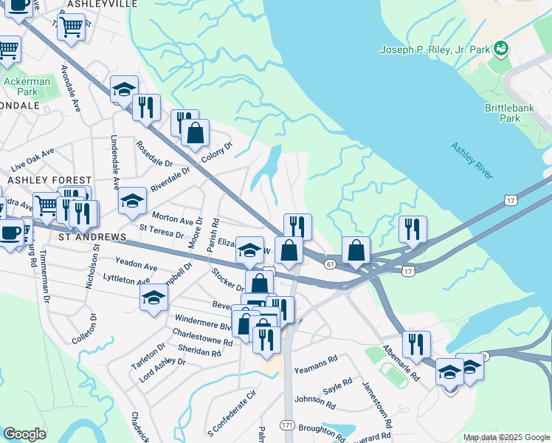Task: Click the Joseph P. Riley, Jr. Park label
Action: click(434, 50)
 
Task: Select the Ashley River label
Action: click(472, 160)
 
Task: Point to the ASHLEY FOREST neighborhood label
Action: click(49, 180)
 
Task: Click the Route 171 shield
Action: click(287, 425)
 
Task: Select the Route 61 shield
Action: click(330, 264)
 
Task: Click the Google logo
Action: click(24, 434)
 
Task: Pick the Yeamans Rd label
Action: click(315, 364)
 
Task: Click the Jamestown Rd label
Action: click(376, 405)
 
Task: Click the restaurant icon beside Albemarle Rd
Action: click(416, 344)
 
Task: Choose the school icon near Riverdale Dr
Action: click(132, 199)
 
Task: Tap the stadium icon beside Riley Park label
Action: click(502, 49)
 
